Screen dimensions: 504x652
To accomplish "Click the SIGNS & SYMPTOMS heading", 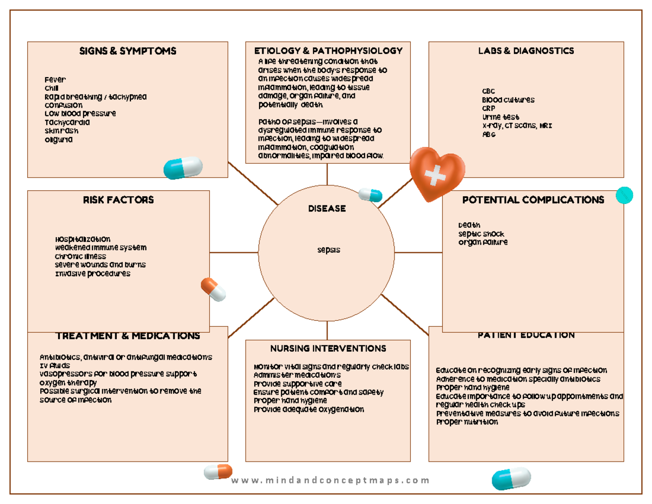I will (128, 51).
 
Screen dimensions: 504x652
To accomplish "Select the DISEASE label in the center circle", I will (327, 208).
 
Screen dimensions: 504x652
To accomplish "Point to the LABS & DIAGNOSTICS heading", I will (526, 51).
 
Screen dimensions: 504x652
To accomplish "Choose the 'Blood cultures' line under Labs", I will (508, 100).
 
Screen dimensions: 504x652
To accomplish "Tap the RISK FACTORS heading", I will (118, 200).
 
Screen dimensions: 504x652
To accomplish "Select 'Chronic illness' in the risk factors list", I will (80, 256).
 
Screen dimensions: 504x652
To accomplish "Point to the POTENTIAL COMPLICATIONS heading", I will (532, 200).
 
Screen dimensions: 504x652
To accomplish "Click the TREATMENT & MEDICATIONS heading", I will (128, 336).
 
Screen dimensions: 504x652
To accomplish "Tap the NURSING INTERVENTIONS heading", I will (328, 348).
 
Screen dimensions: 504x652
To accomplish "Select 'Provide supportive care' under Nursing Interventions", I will (298, 383).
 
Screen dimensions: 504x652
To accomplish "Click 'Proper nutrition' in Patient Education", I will (467, 422).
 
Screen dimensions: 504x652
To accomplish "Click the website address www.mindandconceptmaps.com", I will (330, 480).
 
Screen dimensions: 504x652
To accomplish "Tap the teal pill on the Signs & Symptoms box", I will (183, 167).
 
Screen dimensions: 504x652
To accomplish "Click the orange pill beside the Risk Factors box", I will (214, 289).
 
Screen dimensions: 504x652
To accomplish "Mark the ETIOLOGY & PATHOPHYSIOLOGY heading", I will (328, 51).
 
